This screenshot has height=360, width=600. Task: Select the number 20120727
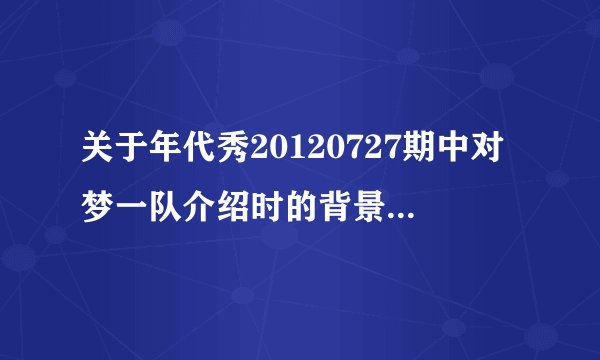pos(327,153)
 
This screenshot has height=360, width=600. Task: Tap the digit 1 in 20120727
pos(293,153)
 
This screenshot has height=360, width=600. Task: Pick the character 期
pos(419,153)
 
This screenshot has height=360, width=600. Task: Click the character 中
pos(453,153)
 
